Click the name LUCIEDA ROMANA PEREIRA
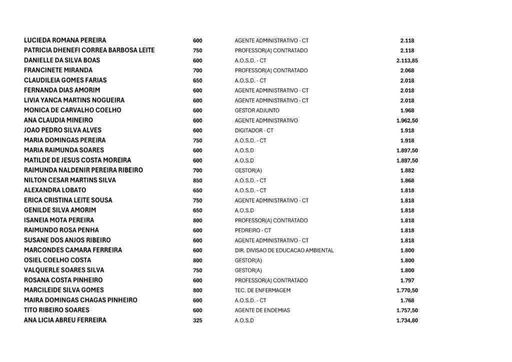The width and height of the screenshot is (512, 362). coord(65,40)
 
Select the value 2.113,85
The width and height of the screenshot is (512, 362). coord(407,60)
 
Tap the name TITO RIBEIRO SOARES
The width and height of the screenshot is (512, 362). coord(56,310)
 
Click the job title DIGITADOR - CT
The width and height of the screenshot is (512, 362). coord(254,130)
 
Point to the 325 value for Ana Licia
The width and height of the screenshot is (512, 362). coord(197,320)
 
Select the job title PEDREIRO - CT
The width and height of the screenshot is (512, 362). coord(252,230)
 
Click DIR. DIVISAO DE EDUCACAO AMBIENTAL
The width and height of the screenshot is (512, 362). coord(284,250)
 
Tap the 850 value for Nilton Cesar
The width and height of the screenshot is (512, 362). coord(197,180)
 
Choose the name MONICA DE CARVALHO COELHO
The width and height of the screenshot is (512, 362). coord(72,110)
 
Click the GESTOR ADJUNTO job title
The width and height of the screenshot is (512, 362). coord(257,110)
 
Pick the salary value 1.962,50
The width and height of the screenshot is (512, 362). coord(407,120)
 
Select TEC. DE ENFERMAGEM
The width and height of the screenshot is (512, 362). coord(262,290)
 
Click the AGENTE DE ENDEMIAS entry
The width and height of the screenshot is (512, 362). coord(262,310)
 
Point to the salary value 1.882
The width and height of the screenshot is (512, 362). coord(407,170)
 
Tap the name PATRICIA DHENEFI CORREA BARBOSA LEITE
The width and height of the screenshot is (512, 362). coord(89,50)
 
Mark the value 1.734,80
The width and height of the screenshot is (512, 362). coord(407,320)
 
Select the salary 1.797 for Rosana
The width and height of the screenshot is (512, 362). coord(407,280)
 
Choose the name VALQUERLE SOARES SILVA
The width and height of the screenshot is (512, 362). coord(64,270)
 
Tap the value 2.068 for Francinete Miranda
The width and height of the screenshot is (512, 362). coord(407,70)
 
